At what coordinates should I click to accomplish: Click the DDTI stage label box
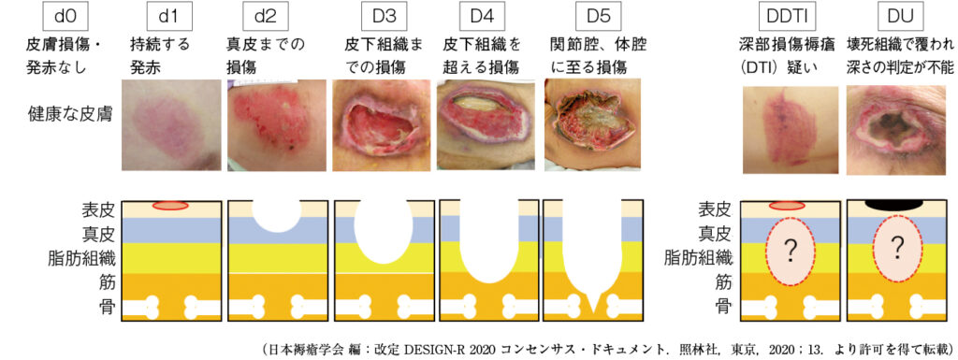tap(785, 16)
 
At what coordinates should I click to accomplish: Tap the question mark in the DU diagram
tap(896, 248)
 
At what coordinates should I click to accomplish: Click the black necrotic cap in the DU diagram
tap(896, 205)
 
